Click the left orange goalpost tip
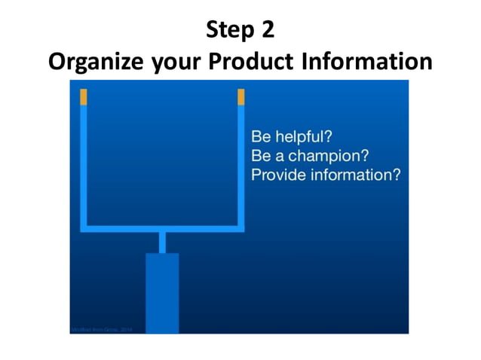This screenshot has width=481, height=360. click(84, 96)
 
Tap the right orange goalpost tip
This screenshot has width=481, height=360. click(241, 96)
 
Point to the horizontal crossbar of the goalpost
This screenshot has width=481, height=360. click(162, 227)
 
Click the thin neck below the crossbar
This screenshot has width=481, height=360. click(162, 242)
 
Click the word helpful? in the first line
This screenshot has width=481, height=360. click(304, 138)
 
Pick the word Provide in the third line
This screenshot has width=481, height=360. click(276, 175)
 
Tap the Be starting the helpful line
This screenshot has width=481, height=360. click(260, 138)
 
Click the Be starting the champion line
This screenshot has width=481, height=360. click(260, 156)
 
